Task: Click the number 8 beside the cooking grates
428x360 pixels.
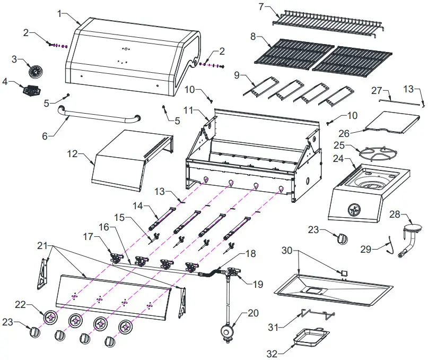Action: pyautogui.click(x=253, y=36)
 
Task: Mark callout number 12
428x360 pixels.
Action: pyautogui.click(x=72, y=154)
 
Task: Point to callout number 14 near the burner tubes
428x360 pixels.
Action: pyautogui.click(x=138, y=205)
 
